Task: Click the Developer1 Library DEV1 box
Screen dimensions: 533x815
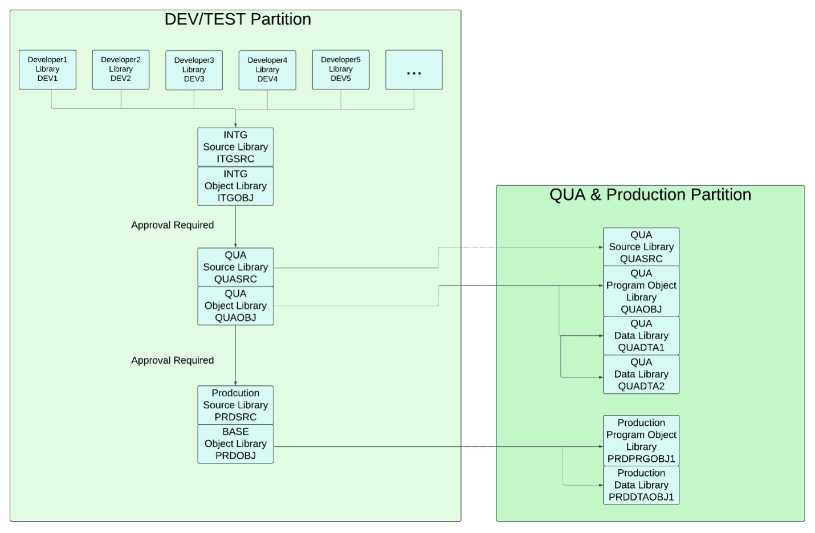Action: (x=47, y=70)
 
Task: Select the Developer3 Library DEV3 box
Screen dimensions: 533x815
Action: (x=194, y=70)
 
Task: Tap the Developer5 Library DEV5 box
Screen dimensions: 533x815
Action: (x=340, y=70)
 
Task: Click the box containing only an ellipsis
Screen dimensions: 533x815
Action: (x=414, y=70)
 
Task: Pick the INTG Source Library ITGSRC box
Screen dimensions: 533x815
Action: (x=235, y=147)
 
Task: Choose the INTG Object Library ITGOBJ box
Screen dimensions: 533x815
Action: (x=235, y=186)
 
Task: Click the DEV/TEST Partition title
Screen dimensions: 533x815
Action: (x=238, y=19)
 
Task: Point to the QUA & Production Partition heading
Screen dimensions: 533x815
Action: (x=650, y=195)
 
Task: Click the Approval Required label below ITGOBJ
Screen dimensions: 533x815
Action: (x=172, y=225)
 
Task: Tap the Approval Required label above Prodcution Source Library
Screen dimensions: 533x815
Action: (x=172, y=360)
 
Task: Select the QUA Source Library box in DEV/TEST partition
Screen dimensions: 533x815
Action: (x=235, y=267)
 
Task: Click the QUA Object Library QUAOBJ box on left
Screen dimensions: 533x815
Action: (x=235, y=306)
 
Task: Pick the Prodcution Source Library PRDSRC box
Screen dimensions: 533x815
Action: (x=235, y=405)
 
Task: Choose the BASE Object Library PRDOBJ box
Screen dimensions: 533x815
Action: (x=235, y=444)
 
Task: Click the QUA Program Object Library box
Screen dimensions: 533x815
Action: (x=641, y=291)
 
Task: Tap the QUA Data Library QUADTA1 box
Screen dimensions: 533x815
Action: (x=641, y=336)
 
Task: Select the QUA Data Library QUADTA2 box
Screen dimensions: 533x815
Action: (x=641, y=375)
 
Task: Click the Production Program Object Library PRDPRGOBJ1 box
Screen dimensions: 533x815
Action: (x=641, y=441)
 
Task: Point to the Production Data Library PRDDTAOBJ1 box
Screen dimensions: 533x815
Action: (x=641, y=485)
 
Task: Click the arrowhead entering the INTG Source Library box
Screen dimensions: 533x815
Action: (x=235, y=125)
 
